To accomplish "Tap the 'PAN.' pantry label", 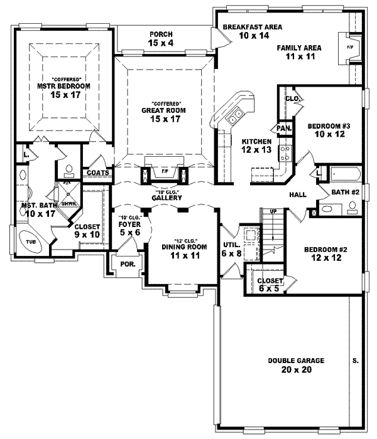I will tap(283, 129).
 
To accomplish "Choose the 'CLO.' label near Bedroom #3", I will tap(292, 98).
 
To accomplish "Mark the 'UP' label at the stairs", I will tap(272, 211).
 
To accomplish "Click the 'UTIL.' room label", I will tap(229, 245).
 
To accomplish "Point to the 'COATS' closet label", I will tap(99, 172).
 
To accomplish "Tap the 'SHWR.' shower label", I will tap(68, 203).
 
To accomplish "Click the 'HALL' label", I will tap(297, 195).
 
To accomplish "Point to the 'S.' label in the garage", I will tap(356, 361).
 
